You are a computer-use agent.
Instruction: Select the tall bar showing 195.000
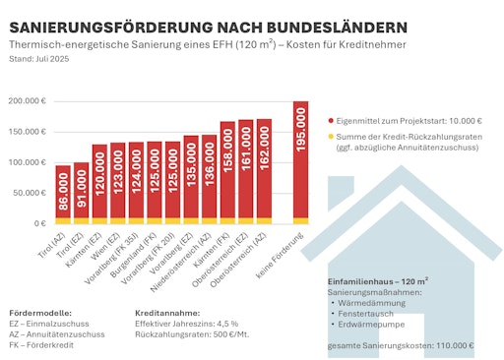300,162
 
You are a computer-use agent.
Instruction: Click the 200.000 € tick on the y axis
30,101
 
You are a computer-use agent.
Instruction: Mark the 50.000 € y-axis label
31,193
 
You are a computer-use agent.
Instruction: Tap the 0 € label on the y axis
41,223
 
